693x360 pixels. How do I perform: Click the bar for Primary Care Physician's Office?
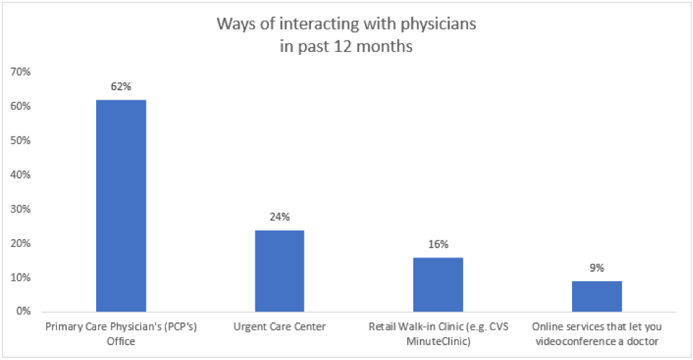[121, 206]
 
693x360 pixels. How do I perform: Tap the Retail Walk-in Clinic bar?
[438, 285]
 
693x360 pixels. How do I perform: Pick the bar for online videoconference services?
[596, 296]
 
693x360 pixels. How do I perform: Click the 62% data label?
[121, 87]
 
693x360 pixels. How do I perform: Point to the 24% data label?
[280, 217]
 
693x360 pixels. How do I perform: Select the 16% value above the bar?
[438, 244]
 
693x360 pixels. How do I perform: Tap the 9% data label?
[596, 268]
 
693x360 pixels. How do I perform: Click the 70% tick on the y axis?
[19, 72]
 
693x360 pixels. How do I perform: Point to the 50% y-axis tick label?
[19, 140]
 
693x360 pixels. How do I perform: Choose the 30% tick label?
[19, 209]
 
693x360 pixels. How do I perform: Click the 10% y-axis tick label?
[19, 277]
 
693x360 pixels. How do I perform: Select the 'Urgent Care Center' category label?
[280, 327]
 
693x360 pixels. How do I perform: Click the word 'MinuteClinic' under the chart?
[438, 341]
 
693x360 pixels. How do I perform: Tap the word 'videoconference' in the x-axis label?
[574, 341]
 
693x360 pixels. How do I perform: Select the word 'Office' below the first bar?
[121, 341]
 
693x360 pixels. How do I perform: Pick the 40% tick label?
[19, 174]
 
